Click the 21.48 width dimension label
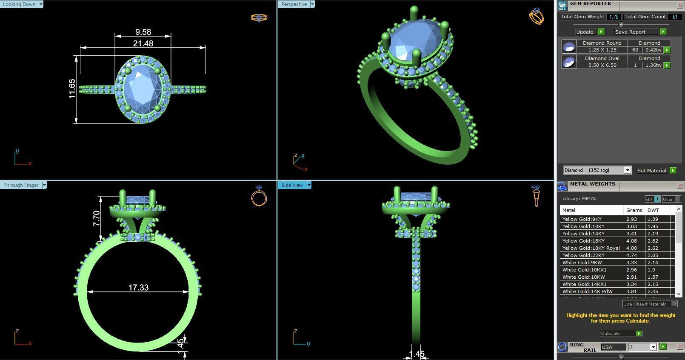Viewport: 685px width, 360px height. (x=143, y=43)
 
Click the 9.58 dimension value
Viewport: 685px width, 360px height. (x=143, y=32)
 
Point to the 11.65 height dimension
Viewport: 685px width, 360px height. (x=72, y=89)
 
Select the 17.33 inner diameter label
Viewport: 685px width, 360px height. (x=138, y=288)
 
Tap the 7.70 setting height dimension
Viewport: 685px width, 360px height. (x=97, y=218)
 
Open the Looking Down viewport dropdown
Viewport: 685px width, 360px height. (x=41, y=4)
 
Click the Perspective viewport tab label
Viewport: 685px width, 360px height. (x=294, y=4)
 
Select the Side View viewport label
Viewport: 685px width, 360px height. (x=292, y=185)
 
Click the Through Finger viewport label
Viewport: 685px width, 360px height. (x=21, y=185)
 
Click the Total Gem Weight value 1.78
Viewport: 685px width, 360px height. (x=614, y=17)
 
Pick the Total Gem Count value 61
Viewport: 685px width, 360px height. (x=675, y=17)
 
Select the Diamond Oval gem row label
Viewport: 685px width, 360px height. (x=602, y=58)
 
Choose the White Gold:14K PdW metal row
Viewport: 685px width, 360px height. (x=587, y=291)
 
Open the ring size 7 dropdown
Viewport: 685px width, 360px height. (x=653, y=347)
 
